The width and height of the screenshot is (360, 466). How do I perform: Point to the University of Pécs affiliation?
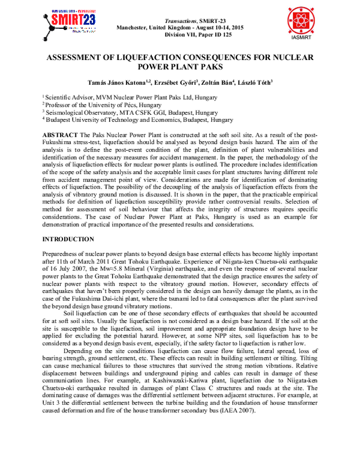[x=100, y=104]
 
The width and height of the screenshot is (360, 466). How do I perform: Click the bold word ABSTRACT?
[x=58, y=133]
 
